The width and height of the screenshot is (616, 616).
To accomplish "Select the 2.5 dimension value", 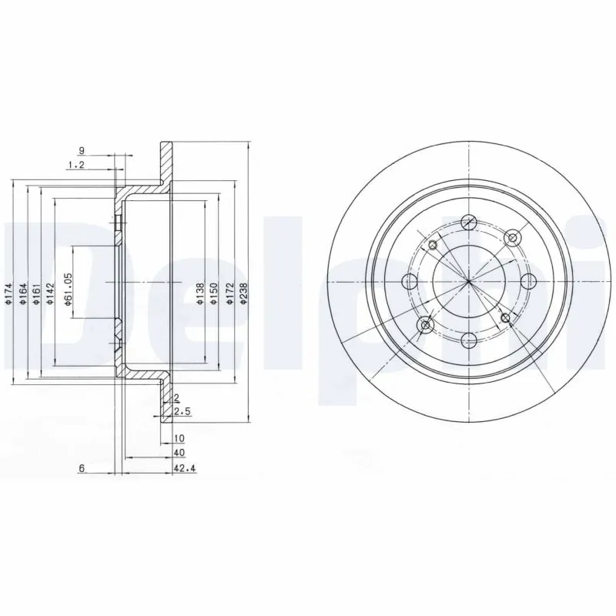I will point(182,412).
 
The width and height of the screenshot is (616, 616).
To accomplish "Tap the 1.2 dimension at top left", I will point(75,165).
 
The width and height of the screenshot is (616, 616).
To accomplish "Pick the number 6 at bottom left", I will point(81,467).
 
